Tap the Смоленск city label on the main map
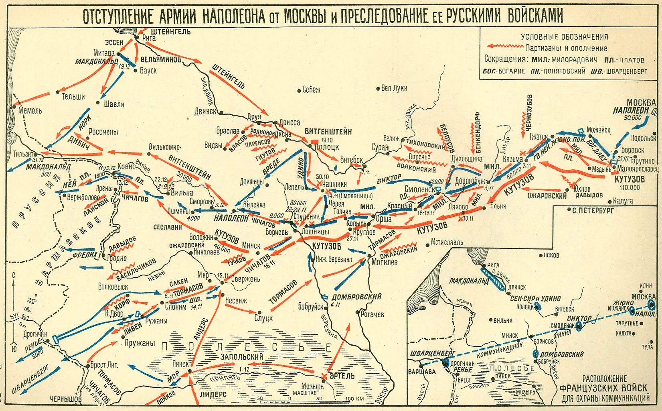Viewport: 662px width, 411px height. coord(419,189)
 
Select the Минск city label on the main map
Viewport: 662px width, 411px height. coord(251,245)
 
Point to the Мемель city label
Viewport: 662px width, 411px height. coord(30,110)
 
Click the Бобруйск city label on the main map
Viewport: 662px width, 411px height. coord(311,307)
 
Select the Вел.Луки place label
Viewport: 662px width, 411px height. coord(394,88)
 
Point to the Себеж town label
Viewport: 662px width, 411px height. coord(311,90)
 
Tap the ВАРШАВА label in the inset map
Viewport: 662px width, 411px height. coord(422,371)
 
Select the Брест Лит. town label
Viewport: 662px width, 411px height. coord(104,365)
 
